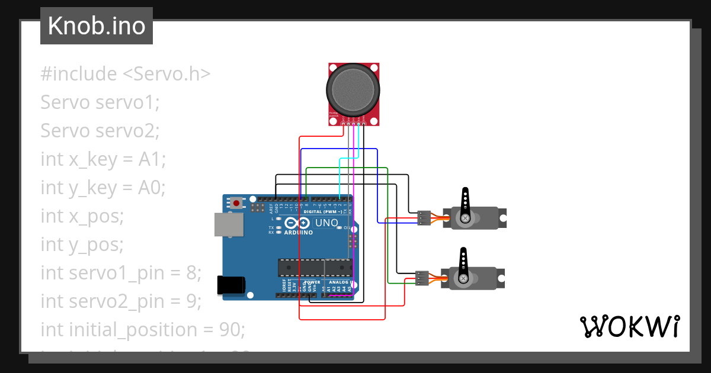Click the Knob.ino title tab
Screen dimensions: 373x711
96,26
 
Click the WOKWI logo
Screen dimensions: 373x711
629,327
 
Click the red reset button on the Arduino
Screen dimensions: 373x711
237,203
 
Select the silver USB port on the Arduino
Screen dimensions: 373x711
229,225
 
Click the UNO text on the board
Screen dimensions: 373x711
326,223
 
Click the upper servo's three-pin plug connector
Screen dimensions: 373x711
424,218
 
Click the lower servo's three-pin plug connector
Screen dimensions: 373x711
422,278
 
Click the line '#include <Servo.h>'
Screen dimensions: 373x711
126,74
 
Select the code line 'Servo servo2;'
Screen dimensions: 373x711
100,131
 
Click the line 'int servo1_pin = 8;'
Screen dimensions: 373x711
121,273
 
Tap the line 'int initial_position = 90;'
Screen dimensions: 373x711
143,330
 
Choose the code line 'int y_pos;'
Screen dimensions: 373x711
82,245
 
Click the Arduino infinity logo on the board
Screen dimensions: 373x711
297,223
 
